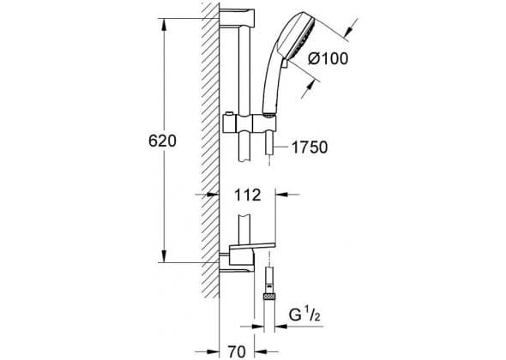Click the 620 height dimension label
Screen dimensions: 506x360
tap(162, 141)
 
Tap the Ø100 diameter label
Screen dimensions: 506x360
tap(328, 58)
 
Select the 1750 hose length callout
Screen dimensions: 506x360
tap(310, 147)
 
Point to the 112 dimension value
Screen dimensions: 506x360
tap(247, 195)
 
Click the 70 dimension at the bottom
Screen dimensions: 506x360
tap(237, 351)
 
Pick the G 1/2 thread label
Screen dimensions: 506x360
tap(304, 315)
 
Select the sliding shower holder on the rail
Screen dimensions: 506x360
tap(250, 123)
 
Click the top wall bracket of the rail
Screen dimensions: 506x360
tap(237, 20)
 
